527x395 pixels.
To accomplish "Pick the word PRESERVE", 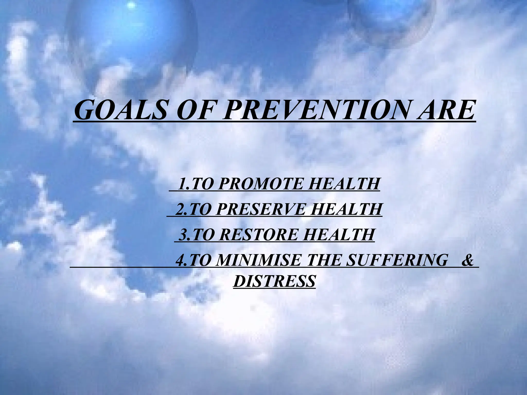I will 261,209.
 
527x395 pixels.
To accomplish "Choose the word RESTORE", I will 259,235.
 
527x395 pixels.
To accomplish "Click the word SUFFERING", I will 397,260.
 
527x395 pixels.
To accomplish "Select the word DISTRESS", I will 274,281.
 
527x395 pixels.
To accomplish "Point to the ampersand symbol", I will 467,260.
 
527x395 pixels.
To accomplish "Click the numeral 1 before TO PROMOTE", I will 182,184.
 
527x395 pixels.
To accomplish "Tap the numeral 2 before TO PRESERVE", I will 180,209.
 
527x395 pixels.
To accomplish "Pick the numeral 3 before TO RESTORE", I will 183,235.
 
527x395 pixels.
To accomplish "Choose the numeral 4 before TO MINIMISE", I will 180,260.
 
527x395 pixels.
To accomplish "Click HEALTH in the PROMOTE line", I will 344,184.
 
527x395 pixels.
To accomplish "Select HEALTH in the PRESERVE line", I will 346,209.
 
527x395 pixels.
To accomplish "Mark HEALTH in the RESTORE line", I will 338,235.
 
